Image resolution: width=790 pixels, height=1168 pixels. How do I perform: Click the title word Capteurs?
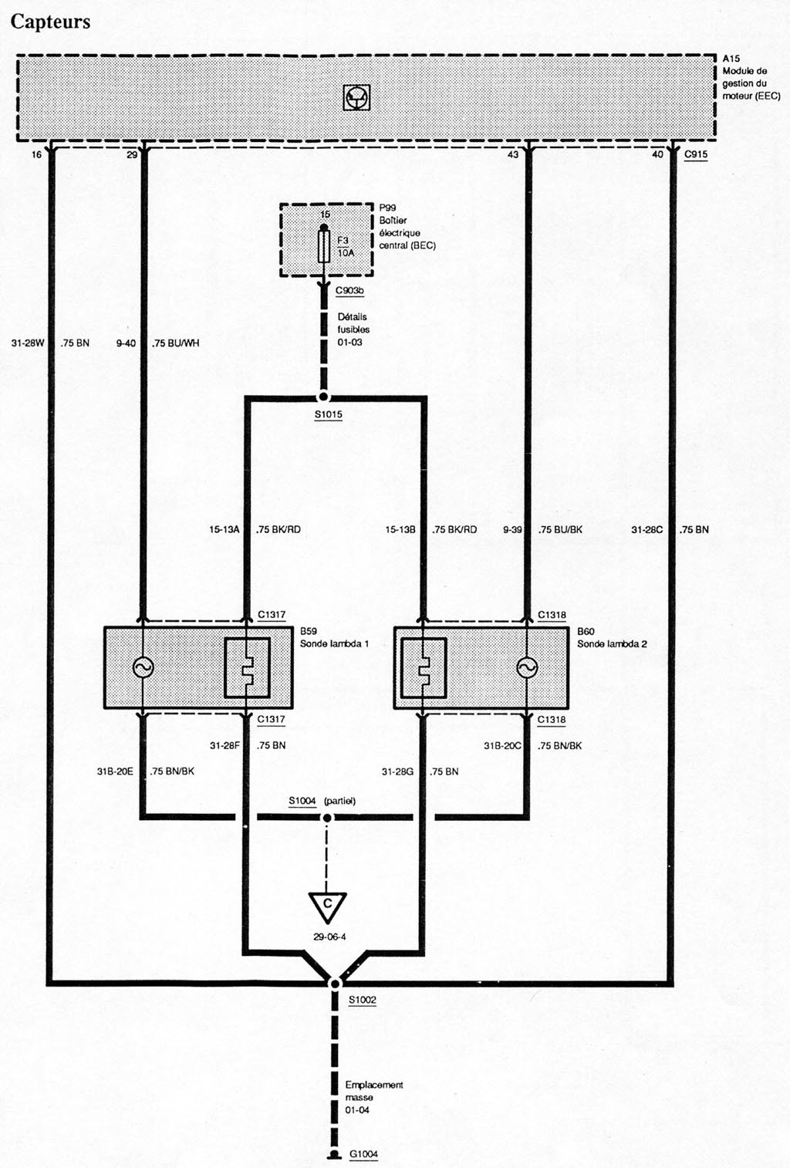(x=50, y=22)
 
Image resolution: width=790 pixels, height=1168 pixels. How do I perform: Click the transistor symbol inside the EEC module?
(x=356, y=97)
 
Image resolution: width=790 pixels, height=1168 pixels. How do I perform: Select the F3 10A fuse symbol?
(x=324, y=247)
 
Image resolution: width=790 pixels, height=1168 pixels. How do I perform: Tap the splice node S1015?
(x=323, y=397)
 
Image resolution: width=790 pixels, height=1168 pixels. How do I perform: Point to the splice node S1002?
(x=335, y=984)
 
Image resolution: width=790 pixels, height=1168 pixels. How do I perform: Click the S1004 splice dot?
(x=327, y=818)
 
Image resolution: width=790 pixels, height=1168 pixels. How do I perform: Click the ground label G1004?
(x=363, y=1154)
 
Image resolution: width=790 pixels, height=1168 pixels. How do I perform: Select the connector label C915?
(x=696, y=154)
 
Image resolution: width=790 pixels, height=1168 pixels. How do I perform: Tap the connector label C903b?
(x=349, y=291)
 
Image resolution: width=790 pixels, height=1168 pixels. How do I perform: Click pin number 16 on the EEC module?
(x=36, y=155)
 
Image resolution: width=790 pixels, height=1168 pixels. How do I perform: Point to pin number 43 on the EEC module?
(x=513, y=155)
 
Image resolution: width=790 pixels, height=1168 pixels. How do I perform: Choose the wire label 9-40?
(x=126, y=343)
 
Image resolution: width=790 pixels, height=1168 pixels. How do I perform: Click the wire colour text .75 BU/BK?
(x=561, y=530)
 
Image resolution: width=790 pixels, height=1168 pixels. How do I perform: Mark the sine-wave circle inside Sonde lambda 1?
(x=143, y=667)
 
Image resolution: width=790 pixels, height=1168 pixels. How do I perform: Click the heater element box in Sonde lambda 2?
(x=424, y=667)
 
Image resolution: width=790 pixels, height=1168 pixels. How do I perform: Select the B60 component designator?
(x=586, y=632)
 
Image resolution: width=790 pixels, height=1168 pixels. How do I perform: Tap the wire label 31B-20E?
(x=115, y=771)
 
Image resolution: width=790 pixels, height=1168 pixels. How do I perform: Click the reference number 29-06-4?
(x=329, y=937)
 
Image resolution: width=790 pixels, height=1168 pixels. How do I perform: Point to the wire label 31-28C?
(x=647, y=530)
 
